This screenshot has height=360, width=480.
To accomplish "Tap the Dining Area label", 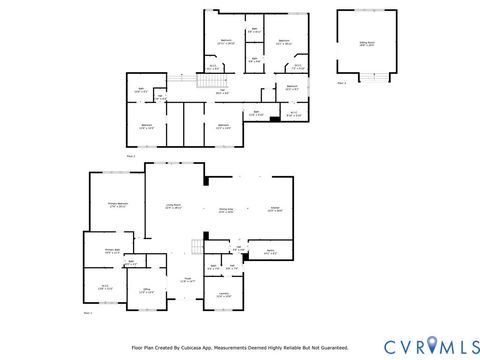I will tap(227, 210).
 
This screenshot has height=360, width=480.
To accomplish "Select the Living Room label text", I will tap(173, 206).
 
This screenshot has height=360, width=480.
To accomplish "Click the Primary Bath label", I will tap(112, 251).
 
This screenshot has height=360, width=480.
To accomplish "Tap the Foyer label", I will tap(186, 281).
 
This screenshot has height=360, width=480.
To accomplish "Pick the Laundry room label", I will tap(224, 294).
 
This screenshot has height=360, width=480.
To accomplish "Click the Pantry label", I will tap(270, 251).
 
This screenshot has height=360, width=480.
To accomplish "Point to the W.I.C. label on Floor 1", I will tap(104, 287).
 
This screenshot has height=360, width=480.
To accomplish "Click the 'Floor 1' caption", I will tap(87, 313).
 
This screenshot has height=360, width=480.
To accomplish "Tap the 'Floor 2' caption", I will tap(130, 156).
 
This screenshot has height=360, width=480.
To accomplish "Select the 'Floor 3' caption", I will tap(342, 82).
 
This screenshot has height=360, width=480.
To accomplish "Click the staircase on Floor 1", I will tap(197, 246).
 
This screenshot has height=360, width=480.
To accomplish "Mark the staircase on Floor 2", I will tap(180, 80).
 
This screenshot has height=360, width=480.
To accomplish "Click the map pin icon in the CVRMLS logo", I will tap(431, 346).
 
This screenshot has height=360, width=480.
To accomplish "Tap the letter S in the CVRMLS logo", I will tap(468, 346).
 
